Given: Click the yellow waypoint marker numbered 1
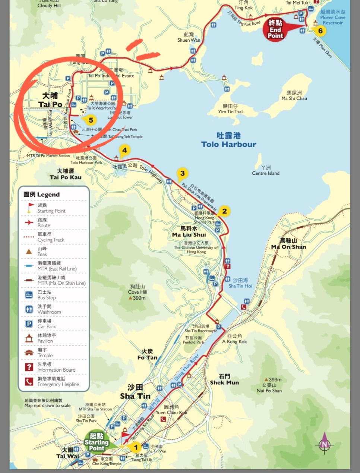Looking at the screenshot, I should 136,447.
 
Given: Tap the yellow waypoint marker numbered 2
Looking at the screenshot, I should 224,211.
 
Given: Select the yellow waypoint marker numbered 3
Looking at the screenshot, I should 182,173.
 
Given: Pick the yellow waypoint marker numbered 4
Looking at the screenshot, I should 124,150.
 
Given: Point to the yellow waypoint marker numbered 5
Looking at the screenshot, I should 91,120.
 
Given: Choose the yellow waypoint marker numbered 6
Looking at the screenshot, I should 320,31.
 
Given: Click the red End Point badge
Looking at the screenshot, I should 275,29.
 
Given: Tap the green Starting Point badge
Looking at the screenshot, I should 97,442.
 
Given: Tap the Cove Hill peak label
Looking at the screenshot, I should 138,292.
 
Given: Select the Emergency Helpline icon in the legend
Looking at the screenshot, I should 29,381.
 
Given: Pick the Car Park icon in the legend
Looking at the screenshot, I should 29,324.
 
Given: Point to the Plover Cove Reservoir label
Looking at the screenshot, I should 332,17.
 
